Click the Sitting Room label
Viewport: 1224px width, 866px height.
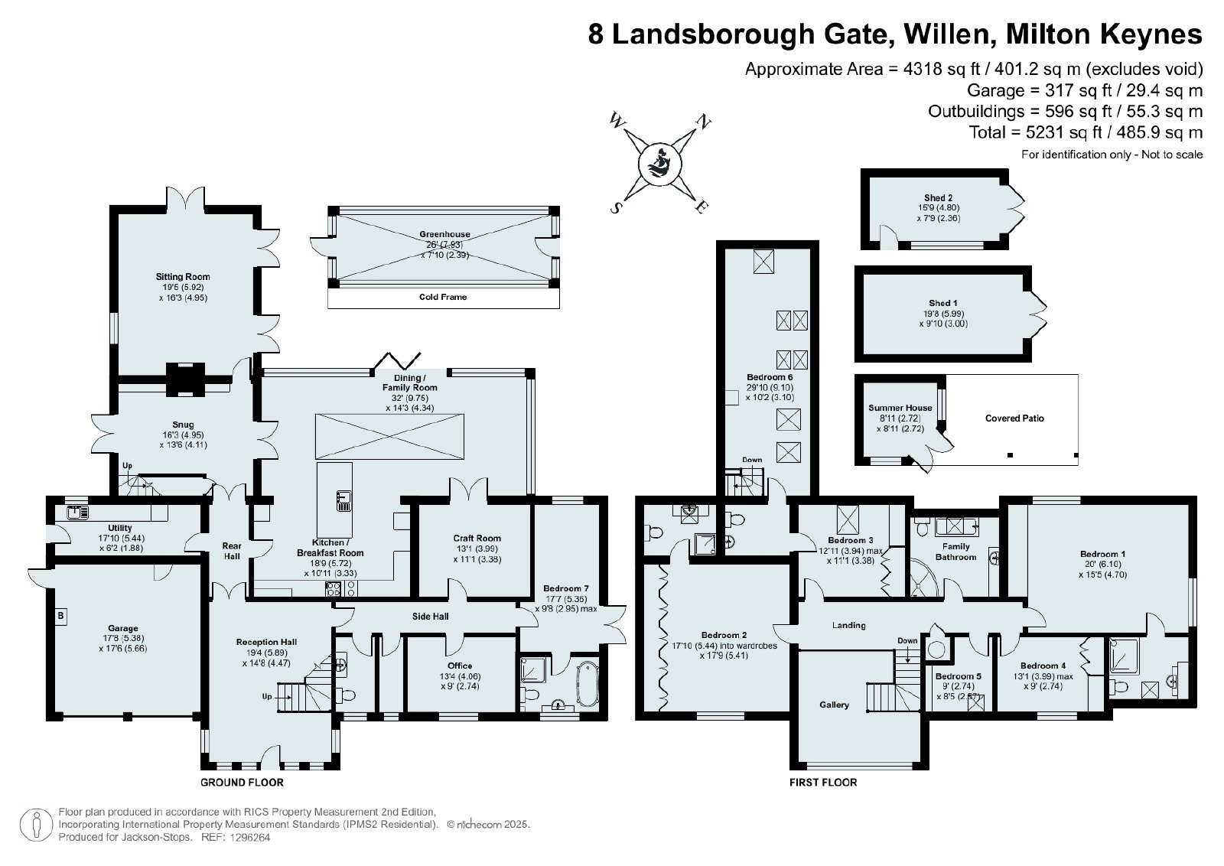183,277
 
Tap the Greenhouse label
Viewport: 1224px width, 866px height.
444,234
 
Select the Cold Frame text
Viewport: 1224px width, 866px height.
443,298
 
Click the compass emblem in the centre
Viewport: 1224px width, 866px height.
659,164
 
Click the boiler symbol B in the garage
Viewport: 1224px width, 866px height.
60,616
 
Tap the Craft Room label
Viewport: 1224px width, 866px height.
477,538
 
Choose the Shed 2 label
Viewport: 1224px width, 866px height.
938,198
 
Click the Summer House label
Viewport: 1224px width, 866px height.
900,409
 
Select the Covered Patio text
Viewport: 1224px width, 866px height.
1014,418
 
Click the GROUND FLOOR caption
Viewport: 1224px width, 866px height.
242,783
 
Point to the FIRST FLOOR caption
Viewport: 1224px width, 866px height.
823,783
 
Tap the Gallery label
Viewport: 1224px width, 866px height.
834,705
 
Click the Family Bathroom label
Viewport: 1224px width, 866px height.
955,552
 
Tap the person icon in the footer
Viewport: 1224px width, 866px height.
36,825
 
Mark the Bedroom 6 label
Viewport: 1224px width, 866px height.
770,378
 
